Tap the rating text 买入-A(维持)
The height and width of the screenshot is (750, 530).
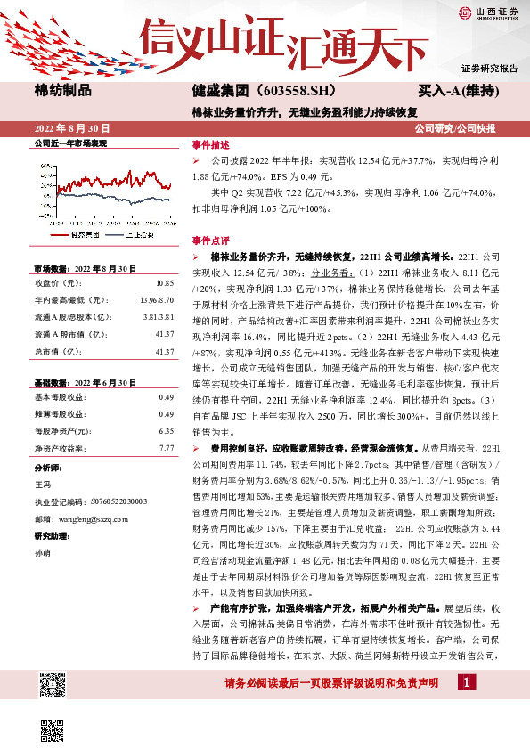(457, 90)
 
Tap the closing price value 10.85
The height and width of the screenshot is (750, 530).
(165, 282)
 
